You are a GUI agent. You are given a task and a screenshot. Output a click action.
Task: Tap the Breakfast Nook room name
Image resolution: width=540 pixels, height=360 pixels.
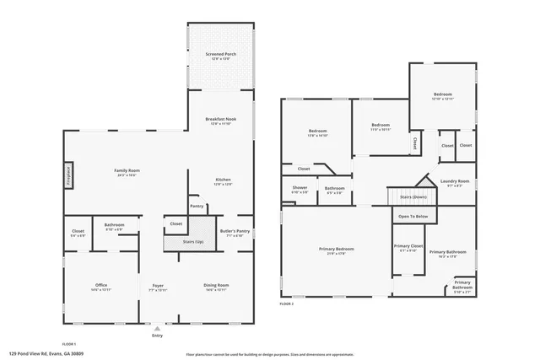(x=221, y=121)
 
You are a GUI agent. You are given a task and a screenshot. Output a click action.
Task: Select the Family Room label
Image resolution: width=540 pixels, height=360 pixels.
(x=127, y=172)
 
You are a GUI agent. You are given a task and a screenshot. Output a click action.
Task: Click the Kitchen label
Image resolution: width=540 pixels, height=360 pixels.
(x=223, y=180)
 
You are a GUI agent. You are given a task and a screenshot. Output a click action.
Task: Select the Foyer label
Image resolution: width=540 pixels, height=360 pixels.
(x=158, y=287)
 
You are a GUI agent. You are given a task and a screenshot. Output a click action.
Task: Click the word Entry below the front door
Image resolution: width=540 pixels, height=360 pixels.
(x=157, y=336)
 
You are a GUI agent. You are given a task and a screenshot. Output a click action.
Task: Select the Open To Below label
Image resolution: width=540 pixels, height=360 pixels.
(x=413, y=217)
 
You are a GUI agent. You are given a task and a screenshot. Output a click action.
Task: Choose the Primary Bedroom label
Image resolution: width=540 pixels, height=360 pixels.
(x=336, y=250)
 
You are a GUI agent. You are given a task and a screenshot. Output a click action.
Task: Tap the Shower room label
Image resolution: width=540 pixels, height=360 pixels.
(x=300, y=189)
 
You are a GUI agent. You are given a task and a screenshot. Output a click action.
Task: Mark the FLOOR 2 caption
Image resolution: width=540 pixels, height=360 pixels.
(x=287, y=304)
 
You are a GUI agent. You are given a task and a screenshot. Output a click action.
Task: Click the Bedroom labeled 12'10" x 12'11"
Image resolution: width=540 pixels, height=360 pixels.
(x=443, y=96)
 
